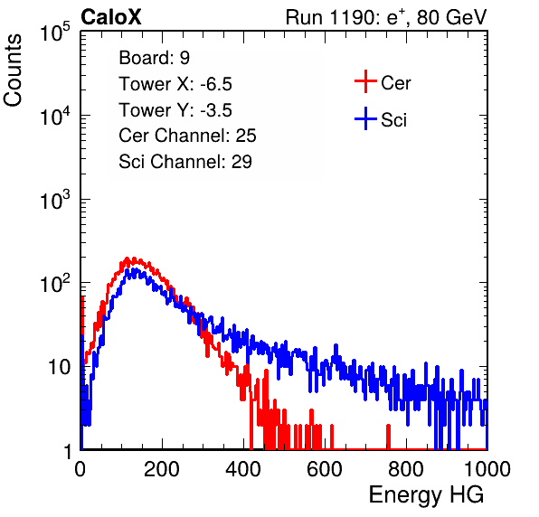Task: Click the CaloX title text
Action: (x=111, y=17)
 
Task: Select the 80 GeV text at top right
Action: (x=451, y=17)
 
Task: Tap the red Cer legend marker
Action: (x=365, y=81)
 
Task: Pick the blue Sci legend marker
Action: (x=365, y=118)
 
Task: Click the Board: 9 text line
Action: (x=155, y=58)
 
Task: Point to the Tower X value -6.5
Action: (x=216, y=84)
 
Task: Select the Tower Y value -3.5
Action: (x=216, y=110)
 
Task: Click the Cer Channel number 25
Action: (x=246, y=136)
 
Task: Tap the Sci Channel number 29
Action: (x=241, y=162)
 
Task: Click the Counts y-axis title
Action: (x=13, y=70)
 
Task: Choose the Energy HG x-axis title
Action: (x=426, y=494)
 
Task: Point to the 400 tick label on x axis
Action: (x=243, y=469)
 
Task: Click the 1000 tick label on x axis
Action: (x=487, y=469)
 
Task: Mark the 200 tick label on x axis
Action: (x=162, y=469)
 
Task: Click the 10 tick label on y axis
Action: (x=60, y=367)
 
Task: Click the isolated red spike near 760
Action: (x=389, y=437)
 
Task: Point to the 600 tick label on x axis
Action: (x=325, y=469)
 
